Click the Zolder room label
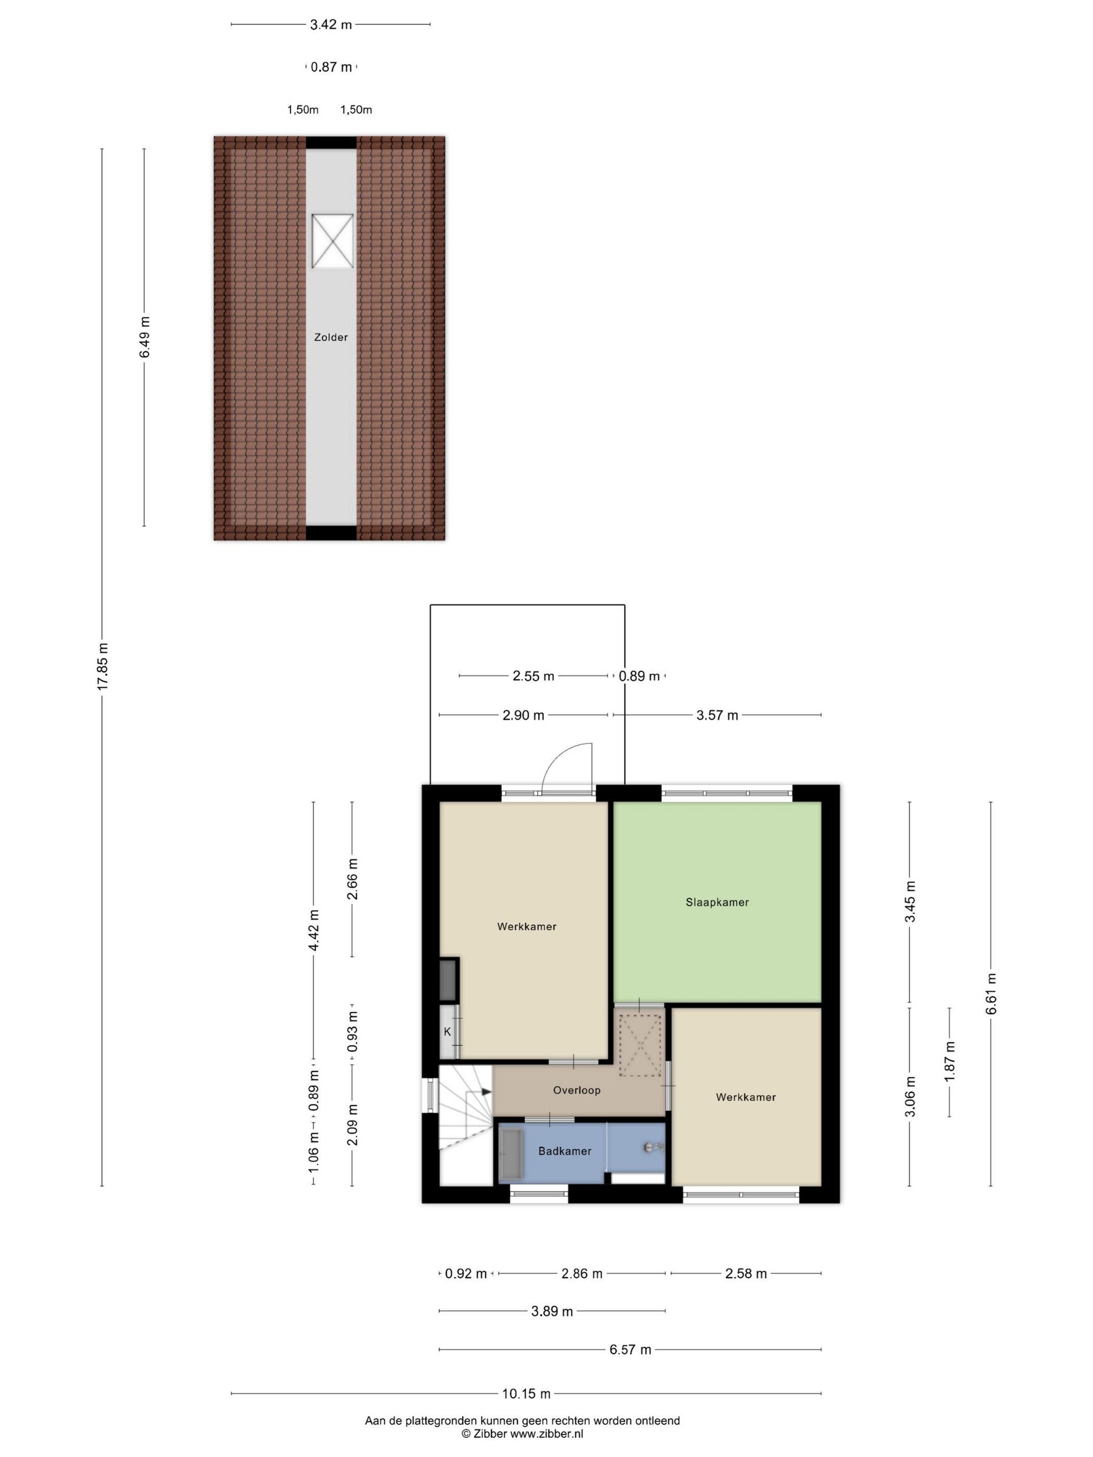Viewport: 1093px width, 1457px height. [331, 337]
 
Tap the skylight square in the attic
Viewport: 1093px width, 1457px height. [332, 241]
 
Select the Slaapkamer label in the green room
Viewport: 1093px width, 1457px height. [717, 902]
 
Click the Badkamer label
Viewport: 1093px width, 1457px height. [565, 1151]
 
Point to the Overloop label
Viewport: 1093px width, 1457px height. [577, 1090]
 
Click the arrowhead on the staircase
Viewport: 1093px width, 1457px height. [486, 1091]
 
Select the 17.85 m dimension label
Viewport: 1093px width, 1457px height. [103, 666]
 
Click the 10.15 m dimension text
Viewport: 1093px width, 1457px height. [526, 1393]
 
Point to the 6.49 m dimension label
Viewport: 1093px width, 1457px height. [144, 337]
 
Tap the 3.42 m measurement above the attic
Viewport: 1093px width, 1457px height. [331, 24]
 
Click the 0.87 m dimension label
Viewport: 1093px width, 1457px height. [332, 67]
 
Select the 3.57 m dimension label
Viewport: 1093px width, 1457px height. [717, 714]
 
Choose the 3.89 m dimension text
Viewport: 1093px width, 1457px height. [552, 1311]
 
